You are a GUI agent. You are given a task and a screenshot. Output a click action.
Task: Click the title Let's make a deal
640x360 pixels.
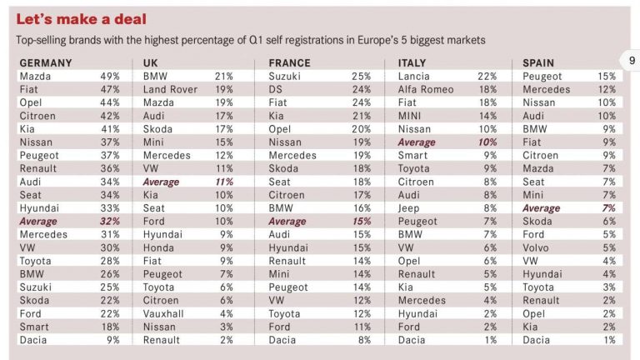coord(81,18)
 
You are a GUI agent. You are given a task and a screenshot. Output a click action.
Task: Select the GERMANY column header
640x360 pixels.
coord(46,62)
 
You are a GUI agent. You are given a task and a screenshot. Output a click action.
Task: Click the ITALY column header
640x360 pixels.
coord(412,62)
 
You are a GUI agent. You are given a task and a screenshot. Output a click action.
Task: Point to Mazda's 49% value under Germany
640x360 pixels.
coord(110,76)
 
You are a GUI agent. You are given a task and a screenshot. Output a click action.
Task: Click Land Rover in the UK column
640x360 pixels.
coord(170,89)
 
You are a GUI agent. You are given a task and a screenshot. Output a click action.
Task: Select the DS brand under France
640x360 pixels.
coord(277,89)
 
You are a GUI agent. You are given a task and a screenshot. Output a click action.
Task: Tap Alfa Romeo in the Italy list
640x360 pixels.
coord(427,89)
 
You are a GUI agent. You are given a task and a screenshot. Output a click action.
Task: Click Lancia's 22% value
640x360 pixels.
coord(487,76)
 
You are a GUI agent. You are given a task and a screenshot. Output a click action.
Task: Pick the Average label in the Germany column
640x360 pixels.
coord(38,222)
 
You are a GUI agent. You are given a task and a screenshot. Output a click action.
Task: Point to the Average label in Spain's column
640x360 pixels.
coord(542,208)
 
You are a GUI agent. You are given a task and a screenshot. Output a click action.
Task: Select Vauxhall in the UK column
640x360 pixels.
coord(167,313)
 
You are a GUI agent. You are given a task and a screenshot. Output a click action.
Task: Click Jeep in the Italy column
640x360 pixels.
coord(410,208)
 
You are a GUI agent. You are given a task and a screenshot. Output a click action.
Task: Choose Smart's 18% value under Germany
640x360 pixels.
coord(110,327)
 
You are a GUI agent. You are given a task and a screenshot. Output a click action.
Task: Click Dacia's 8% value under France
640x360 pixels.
coord(363,340)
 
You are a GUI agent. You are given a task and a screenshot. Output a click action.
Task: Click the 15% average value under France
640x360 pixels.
coord(361,222)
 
